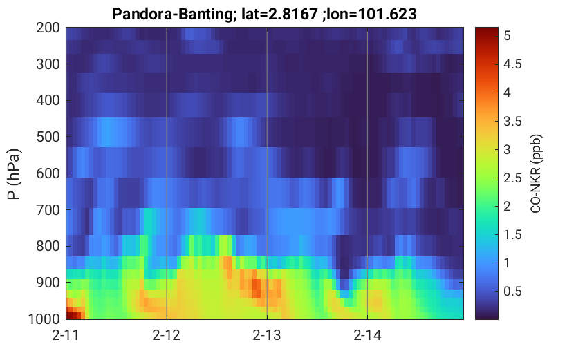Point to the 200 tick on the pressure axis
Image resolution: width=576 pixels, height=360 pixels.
48,28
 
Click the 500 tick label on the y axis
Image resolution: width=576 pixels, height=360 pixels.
48,137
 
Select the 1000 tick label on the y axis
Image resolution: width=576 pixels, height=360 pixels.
44,319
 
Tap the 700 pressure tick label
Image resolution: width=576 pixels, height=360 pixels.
48,210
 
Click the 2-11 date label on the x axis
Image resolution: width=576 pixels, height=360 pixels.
66,335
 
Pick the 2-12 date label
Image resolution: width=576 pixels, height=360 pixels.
167,335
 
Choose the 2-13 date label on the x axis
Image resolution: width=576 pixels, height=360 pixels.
267,335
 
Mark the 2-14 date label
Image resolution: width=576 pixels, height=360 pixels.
367,335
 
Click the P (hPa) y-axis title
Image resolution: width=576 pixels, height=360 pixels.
14,174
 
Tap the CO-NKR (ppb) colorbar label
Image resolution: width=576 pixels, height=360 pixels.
536,173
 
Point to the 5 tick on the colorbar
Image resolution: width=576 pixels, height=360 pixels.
508,36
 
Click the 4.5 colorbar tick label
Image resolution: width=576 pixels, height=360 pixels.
512,64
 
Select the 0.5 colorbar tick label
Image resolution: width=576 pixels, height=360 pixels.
512,291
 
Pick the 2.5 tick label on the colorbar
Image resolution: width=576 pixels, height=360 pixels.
512,178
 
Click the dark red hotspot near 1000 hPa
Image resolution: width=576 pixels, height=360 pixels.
73,314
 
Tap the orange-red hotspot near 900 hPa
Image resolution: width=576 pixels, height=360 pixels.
256,287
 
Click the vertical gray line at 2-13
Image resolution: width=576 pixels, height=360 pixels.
267,173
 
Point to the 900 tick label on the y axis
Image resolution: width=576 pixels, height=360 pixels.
48,283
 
